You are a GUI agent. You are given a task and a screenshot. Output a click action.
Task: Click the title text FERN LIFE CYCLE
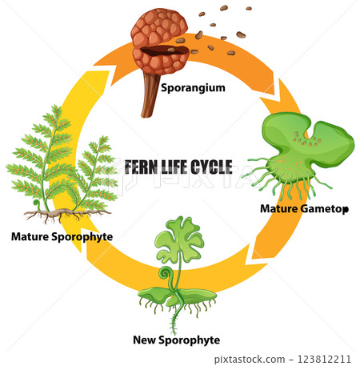(178, 167)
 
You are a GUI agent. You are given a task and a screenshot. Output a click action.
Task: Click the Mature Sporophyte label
(62, 236)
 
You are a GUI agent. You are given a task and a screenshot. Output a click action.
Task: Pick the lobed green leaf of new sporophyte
(181, 232)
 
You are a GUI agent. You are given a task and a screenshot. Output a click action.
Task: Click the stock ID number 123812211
(324, 360)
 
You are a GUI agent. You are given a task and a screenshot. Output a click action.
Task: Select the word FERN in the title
(141, 167)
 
